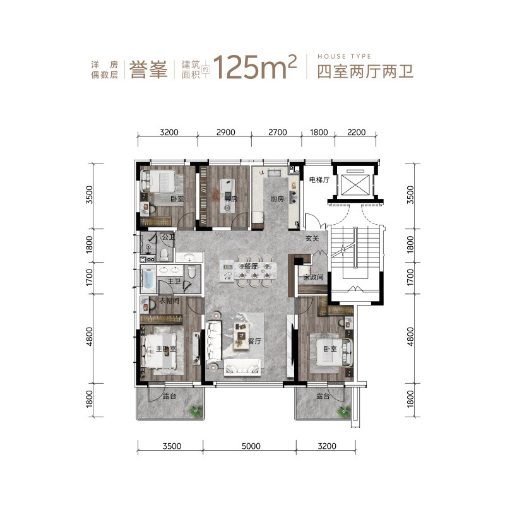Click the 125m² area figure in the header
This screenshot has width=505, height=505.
pyautogui.click(x=256, y=67)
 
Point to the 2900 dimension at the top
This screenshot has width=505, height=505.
pyautogui.click(x=225, y=133)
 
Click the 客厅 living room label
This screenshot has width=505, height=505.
pyautogui.click(x=254, y=341)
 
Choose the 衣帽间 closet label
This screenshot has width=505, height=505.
pyautogui.click(x=169, y=301)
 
